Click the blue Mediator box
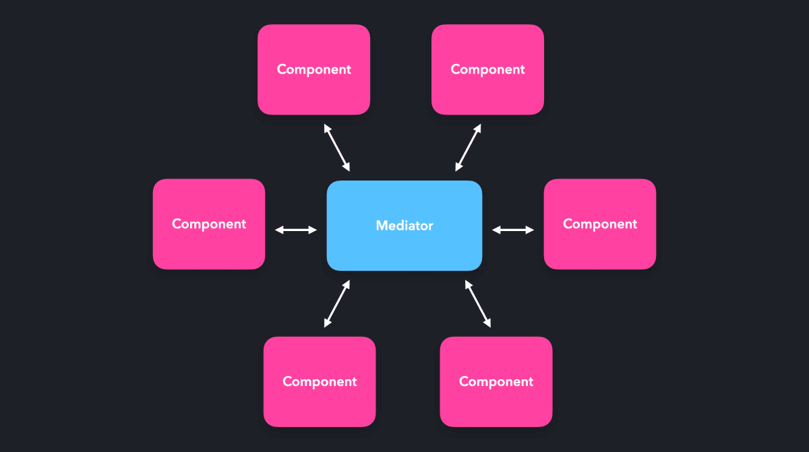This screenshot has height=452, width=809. pos(404,226)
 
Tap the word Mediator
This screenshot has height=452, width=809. pos(404,226)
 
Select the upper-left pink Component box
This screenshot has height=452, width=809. pos(314,69)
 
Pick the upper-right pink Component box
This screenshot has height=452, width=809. pos(487,69)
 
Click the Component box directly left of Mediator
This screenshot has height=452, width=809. pos(209,224)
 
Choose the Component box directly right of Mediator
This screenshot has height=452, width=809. pos(600,224)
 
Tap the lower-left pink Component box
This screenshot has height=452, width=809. pos(320,382)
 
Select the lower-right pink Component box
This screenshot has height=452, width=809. pos(496,382)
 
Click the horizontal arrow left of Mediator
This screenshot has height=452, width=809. pos(296,230)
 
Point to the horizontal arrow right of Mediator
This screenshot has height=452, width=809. pos(513,230)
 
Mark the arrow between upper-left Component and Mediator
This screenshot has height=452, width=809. pos(337,148)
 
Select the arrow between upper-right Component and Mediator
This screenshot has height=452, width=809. pos(468,148)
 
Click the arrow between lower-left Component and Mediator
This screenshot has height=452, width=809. pos(337,304)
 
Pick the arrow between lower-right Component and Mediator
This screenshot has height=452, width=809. pos(478,304)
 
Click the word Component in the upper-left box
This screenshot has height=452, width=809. pos(314,69)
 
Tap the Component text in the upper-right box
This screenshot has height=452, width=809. pos(487,69)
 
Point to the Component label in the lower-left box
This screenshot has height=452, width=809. pos(320,382)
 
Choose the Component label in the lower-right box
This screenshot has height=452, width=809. pos(496,382)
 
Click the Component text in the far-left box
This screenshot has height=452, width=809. pos(209,224)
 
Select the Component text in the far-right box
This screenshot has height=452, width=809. pos(600,224)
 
